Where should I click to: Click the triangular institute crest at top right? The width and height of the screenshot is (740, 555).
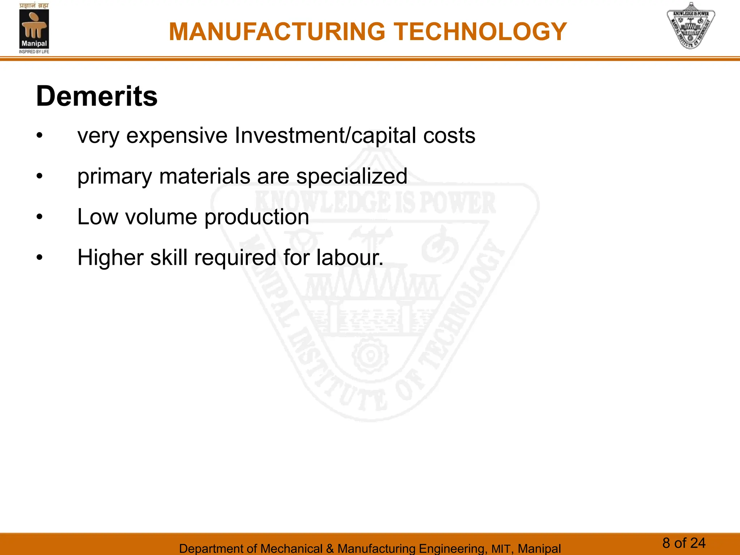tap(690, 26)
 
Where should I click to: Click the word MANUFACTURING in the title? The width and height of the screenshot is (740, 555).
tap(277, 32)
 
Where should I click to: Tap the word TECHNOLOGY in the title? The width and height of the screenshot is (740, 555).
tap(480, 32)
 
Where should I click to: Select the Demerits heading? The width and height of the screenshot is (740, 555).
tap(97, 96)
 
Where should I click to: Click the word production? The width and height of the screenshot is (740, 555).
tap(257, 218)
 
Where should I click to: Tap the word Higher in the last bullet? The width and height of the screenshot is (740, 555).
tap(111, 258)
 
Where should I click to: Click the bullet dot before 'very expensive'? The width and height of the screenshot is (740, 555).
tap(40, 136)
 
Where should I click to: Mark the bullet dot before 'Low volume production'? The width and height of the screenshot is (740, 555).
tap(40, 217)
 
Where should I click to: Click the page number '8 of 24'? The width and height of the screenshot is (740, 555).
tap(684, 543)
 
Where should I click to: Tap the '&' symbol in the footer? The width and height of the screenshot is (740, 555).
tap(330, 548)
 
